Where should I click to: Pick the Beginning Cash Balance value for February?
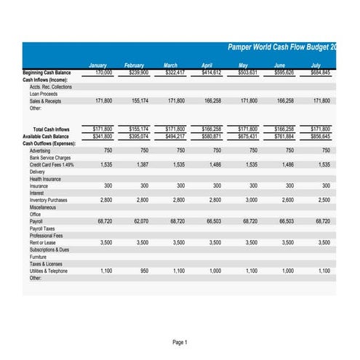(138, 73)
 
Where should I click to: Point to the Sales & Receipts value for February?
(138, 101)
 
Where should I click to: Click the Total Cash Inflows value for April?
(212, 129)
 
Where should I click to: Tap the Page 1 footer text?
(180, 342)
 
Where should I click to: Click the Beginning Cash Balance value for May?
(248, 73)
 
